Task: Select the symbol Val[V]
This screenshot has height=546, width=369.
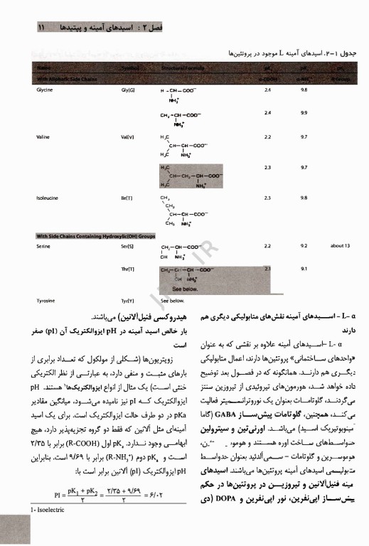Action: pos(130,136)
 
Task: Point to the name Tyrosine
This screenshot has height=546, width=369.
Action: pos(46,301)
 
